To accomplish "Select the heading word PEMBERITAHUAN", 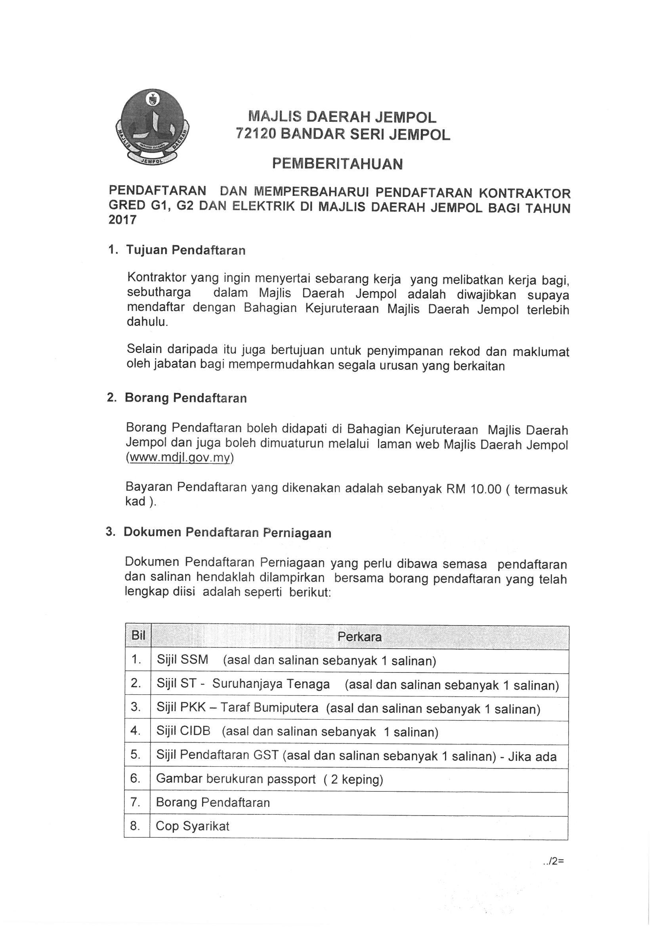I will click(337, 163).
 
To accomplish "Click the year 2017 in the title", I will click(123, 220).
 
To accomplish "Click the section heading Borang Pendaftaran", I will click(186, 398).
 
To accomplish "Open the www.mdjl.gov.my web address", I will click(180, 458).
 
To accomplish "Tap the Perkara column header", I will click(359, 637).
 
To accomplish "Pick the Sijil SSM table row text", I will click(296, 661).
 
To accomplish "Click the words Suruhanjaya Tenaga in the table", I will click(271, 684).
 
